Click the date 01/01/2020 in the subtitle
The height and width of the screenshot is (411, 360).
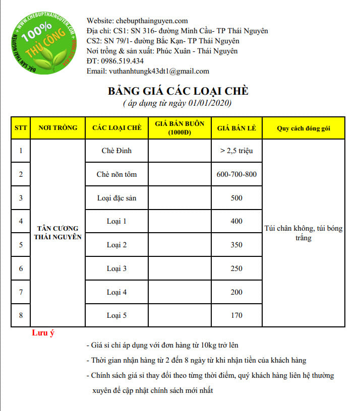(210, 103)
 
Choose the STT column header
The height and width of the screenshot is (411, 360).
(21, 128)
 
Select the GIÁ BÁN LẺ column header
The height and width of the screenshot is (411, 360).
(236, 128)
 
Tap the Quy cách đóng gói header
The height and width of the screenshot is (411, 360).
(303, 128)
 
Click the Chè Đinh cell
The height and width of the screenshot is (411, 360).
(116, 151)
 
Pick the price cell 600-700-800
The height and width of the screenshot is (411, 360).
(236, 174)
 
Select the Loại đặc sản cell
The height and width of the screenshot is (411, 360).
(116, 198)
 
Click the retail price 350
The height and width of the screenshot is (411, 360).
(236, 245)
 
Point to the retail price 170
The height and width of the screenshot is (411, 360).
(236, 315)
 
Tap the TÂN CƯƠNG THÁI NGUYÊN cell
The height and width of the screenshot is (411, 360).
(57, 233)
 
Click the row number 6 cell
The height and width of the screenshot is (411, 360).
(21, 268)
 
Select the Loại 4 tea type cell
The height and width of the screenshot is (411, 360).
(116, 292)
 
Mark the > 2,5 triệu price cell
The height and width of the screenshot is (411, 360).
(236, 151)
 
